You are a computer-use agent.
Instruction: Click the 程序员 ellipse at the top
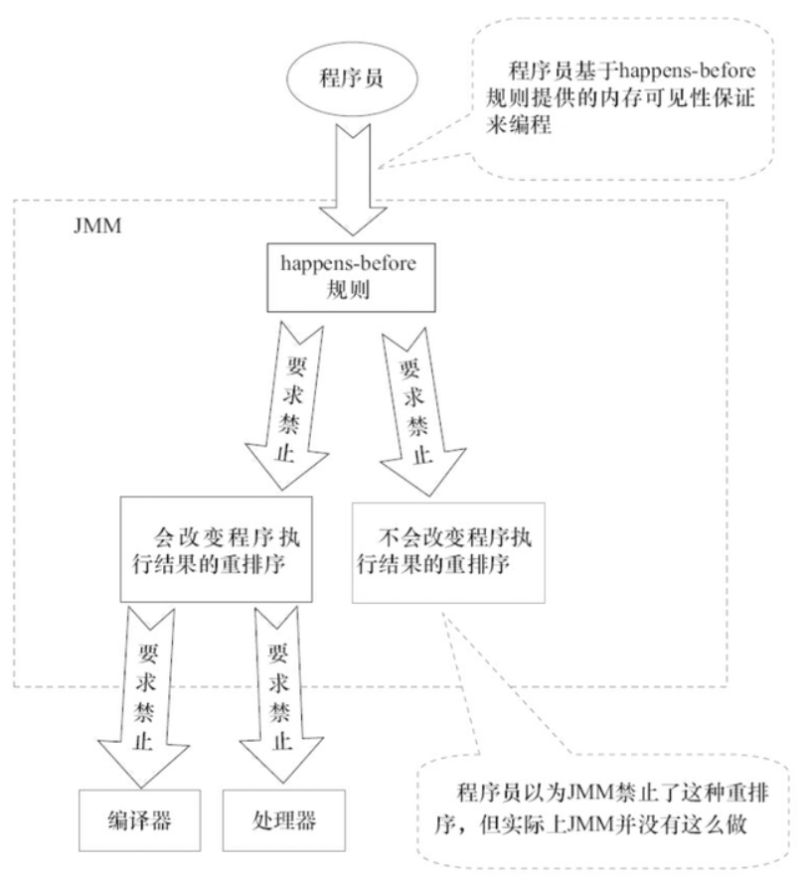[x=352, y=78]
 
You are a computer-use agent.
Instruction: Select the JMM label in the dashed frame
[x=97, y=226]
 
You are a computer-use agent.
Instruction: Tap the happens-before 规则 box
[x=351, y=277]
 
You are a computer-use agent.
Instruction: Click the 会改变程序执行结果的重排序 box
[x=216, y=549]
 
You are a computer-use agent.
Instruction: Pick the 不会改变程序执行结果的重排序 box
[x=448, y=552]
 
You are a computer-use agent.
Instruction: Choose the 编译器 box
[x=139, y=820]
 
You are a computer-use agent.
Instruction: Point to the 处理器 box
[x=284, y=820]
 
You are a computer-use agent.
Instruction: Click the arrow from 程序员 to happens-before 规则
[x=353, y=179]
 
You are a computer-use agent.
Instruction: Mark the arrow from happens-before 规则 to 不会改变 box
[x=419, y=412]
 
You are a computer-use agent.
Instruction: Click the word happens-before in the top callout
[x=688, y=72]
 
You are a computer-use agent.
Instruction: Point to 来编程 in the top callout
[x=519, y=123]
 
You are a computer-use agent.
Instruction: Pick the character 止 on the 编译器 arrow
[x=143, y=741]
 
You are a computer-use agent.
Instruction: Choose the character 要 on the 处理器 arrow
[x=278, y=653]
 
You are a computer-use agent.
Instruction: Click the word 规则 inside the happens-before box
[x=348, y=290]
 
